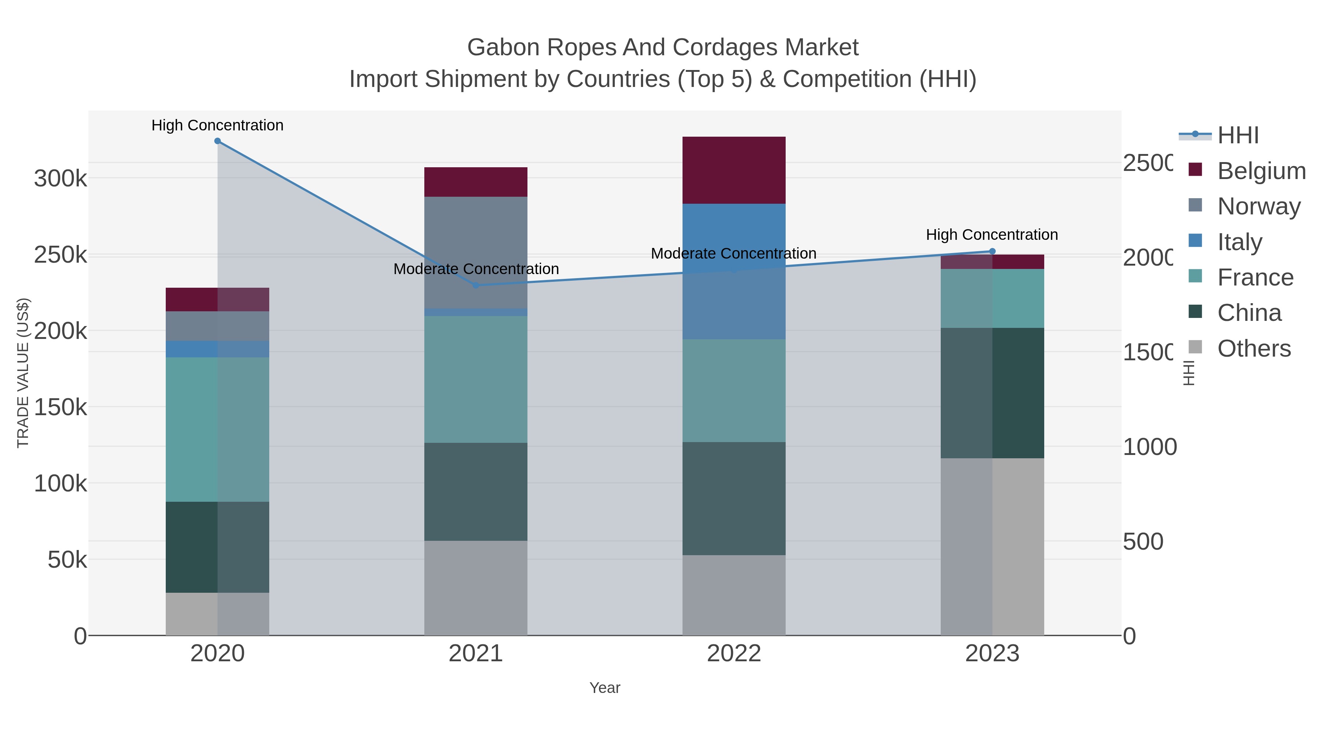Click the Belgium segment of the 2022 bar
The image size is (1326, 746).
pos(733,170)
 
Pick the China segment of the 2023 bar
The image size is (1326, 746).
pos(992,393)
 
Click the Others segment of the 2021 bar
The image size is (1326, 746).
pos(476,588)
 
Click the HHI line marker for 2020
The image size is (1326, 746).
pos(217,141)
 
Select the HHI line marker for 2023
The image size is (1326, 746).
pos(992,251)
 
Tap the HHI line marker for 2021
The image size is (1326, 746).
pos(476,285)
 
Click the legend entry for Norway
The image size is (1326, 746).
pos(1259,206)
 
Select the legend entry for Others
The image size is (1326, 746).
pos(1254,349)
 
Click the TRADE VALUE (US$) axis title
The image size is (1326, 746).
pos(23,373)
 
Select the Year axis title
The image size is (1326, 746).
pos(605,688)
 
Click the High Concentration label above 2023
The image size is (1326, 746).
pos(992,235)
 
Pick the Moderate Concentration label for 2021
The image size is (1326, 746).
pos(476,269)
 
